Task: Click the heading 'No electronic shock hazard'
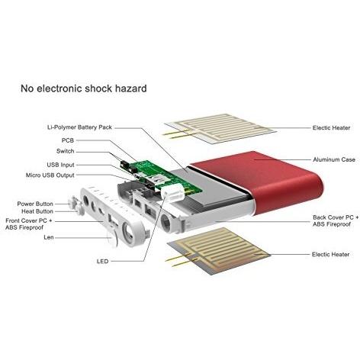(84, 88)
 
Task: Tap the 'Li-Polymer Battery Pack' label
(79, 127)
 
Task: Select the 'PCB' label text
(68, 140)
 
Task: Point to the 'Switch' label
(66, 151)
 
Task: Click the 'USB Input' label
(60, 165)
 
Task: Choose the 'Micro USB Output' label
(50, 175)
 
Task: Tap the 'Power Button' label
(35, 204)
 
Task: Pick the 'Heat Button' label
(37, 211)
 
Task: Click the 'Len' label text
(49, 237)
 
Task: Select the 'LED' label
(103, 261)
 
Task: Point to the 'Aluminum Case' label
(334, 159)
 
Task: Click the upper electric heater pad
(220, 128)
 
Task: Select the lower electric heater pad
(219, 250)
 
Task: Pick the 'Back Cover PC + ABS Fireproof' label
(336, 220)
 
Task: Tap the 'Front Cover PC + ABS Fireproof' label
(29, 224)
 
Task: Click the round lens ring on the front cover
(128, 232)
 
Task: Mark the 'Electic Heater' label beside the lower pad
(330, 254)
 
